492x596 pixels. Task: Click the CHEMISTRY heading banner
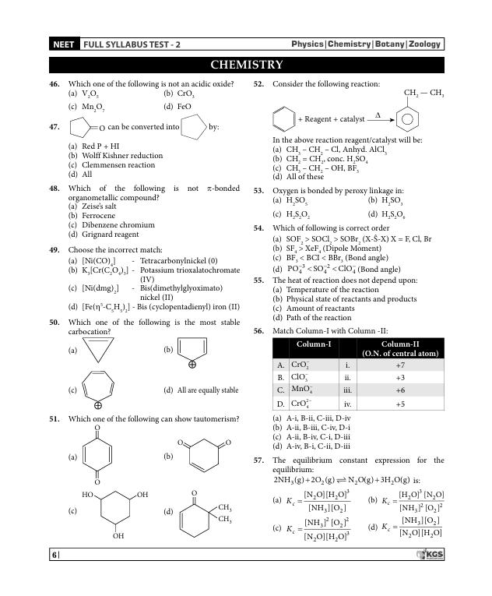(x=246, y=65)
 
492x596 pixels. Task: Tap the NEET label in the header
(x=63, y=44)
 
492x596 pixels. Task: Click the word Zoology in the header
(x=424, y=44)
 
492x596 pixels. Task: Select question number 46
(x=54, y=83)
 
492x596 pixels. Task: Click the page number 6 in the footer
(x=54, y=554)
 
